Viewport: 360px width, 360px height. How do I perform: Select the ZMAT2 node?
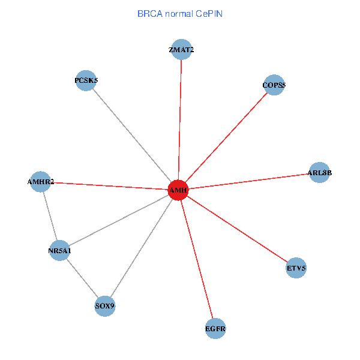pyautogui.click(x=181, y=50)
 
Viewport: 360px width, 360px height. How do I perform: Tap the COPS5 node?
pyautogui.click(x=274, y=85)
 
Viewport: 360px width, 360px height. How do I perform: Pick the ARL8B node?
pyautogui.click(x=319, y=173)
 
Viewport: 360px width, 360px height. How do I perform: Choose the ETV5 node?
pyautogui.click(x=296, y=268)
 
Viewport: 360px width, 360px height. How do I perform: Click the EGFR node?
pyautogui.click(x=215, y=328)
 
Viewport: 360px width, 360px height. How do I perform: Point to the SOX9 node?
pyautogui.click(x=104, y=307)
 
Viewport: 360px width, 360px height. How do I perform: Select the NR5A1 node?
pyautogui.click(x=59, y=250)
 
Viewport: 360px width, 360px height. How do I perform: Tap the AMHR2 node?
pyautogui.click(x=40, y=181)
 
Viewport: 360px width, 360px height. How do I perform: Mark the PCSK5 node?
pyautogui.click(x=86, y=80)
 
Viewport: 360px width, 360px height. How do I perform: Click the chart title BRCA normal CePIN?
pyautogui.click(x=180, y=13)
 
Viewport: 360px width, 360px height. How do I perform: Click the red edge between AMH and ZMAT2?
pyautogui.click(x=180, y=120)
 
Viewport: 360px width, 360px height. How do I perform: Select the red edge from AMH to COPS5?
pyautogui.click(x=226, y=137)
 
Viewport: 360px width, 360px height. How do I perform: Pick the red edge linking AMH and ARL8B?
pyautogui.click(x=248, y=181)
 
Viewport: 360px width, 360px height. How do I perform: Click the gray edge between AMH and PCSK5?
pyautogui.click(x=132, y=135)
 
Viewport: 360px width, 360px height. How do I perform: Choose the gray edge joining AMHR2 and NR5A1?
pyautogui.click(x=50, y=216)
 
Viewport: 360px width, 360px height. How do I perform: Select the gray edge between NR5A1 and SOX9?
pyautogui.click(x=82, y=278)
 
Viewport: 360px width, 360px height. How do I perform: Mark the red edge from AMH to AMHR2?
pyautogui.click(x=109, y=185)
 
